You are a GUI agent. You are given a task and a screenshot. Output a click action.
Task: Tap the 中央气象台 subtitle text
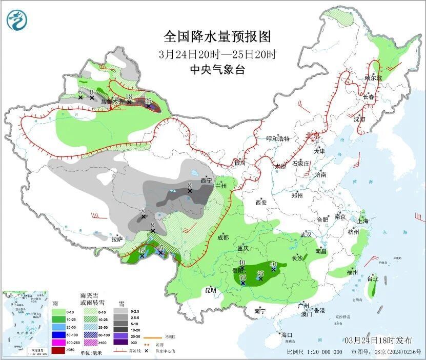[x=217, y=70]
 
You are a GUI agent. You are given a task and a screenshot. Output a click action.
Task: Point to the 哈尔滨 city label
[x=374, y=78]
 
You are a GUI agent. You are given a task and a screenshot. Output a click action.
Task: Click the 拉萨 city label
[x=117, y=238]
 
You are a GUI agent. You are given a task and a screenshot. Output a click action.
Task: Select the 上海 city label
[x=362, y=221]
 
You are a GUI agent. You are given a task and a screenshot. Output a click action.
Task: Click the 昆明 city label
[x=211, y=290]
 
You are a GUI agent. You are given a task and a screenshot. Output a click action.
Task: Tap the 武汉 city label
[x=306, y=234]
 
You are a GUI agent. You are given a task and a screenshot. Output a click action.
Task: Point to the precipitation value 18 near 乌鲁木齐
[x=129, y=97]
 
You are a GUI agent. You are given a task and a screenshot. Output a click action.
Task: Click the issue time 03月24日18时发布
[x=378, y=341]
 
